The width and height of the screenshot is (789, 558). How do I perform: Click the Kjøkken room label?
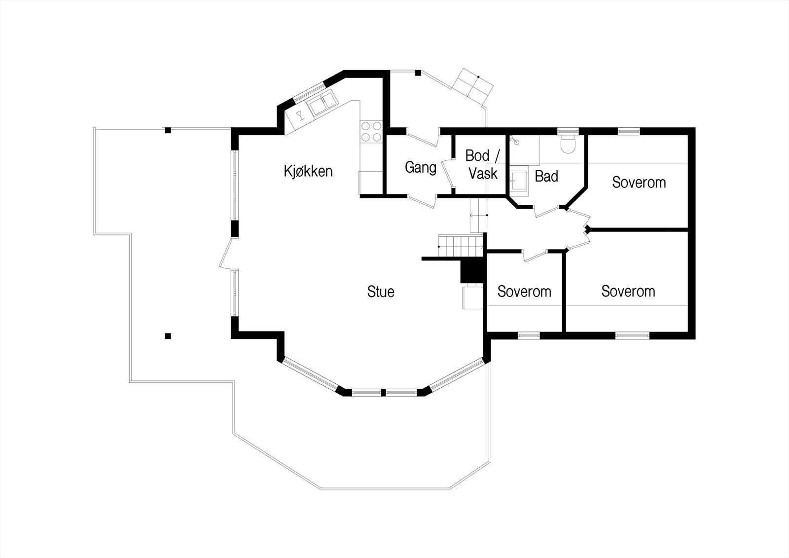pyautogui.click(x=308, y=171)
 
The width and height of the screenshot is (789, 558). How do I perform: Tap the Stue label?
pyautogui.click(x=381, y=292)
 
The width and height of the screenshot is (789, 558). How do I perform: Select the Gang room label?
pyautogui.click(x=421, y=168)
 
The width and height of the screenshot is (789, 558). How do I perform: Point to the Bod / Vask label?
pyautogui.click(x=483, y=164)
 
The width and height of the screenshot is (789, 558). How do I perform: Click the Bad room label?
pyautogui.click(x=546, y=176)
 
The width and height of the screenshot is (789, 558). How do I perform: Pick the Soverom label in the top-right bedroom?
pyautogui.click(x=639, y=182)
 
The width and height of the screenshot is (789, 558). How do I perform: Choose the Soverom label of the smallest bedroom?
pyautogui.click(x=524, y=292)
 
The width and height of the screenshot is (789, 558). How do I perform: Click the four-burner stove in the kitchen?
pyautogui.click(x=371, y=131)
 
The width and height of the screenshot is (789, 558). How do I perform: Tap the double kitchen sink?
pyautogui.click(x=321, y=103)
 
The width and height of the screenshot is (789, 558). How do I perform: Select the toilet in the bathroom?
pyautogui.click(x=569, y=144)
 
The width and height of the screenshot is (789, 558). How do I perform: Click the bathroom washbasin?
pyautogui.click(x=518, y=181)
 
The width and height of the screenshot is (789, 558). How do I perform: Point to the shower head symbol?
pyautogui.click(x=516, y=141)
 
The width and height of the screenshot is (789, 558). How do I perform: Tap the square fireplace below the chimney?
pyautogui.click(x=471, y=298)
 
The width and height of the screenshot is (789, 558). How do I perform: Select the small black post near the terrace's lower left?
pyautogui.click(x=168, y=336)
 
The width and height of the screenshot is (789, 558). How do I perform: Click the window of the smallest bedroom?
pyautogui.click(x=529, y=336)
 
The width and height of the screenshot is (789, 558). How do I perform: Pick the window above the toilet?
pyautogui.click(x=569, y=131)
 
